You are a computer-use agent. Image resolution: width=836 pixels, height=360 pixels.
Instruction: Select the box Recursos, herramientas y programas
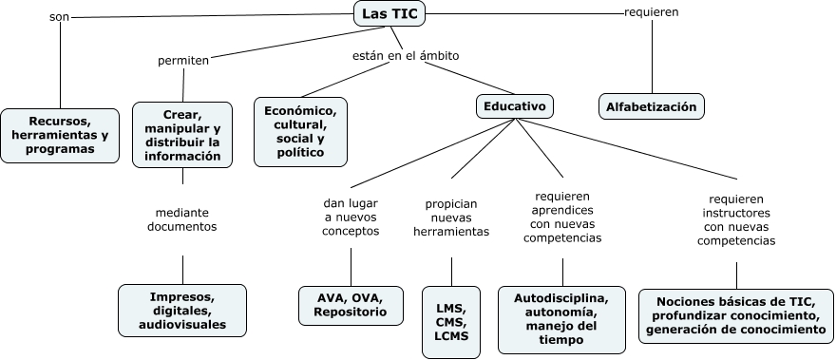pyautogui.click(x=60, y=135)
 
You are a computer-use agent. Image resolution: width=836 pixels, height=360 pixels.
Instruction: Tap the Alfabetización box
pyautogui.click(x=653, y=106)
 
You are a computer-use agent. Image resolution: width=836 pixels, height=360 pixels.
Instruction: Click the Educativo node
pyautogui.click(x=514, y=106)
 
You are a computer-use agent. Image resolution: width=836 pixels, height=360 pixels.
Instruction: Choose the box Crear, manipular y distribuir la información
pyautogui.click(x=182, y=136)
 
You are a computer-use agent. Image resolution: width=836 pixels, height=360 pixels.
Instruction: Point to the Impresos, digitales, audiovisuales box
pyautogui.click(x=182, y=310)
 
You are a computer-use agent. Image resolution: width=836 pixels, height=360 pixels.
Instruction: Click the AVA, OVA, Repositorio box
pyautogui.click(x=351, y=303)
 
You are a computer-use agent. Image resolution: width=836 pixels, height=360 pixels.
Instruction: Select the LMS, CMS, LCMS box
pyautogui.click(x=452, y=321)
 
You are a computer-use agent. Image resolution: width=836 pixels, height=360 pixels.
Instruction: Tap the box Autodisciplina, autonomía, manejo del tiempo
pyautogui.click(x=561, y=318)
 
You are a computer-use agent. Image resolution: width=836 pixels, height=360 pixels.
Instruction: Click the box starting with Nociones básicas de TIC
pyautogui.click(x=735, y=315)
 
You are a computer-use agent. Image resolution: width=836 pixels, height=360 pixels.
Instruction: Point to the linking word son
pyautogui.click(x=58, y=18)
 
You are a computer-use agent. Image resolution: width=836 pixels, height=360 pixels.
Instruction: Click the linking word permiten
pyautogui.click(x=182, y=61)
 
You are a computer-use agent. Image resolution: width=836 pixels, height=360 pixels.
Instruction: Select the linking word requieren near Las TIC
pyautogui.click(x=651, y=12)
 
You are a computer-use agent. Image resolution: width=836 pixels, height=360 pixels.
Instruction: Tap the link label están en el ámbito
pyautogui.click(x=406, y=55)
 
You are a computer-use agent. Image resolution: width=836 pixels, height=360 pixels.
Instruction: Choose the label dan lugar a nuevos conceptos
pyautogui.click(x=351, y=216)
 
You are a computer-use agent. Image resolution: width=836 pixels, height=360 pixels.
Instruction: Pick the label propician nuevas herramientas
pyautogui.click(x=451, y=218)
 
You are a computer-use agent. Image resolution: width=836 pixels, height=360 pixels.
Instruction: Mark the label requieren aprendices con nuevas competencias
pyautogui.click(x=562, y=216)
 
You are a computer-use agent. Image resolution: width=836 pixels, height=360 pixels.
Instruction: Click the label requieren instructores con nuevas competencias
pyautogui.click(x=735, y=220)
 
